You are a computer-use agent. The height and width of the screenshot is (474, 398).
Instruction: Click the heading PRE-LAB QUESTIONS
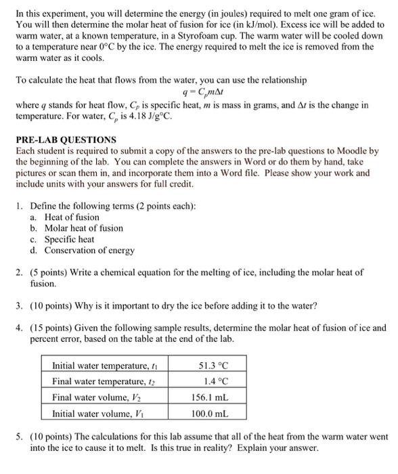66,139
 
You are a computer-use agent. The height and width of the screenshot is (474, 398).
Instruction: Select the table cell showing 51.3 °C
213,366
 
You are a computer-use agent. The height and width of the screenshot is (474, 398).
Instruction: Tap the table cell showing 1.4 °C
213,381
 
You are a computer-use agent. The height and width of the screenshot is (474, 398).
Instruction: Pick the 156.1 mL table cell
213,397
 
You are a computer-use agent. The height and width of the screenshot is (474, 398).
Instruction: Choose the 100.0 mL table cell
213,412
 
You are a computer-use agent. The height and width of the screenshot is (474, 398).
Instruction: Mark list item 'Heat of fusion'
72,217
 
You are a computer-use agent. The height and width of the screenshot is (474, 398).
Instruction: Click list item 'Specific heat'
70,239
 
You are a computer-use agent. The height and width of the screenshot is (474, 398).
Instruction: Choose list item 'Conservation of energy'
89,250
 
